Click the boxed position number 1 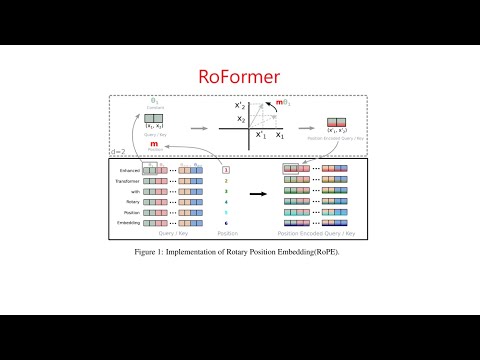pyautogui.click(x=226, y=170)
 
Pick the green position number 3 pyautogui.click(x=226, y=190)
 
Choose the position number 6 pyautogui.click(x=226, y=224)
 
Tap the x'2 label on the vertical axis pyautogui.click(x=240, y=105)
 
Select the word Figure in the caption pyautogui.click(x=147, y=252)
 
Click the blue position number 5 pyautogui.click(x=226, y=213)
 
